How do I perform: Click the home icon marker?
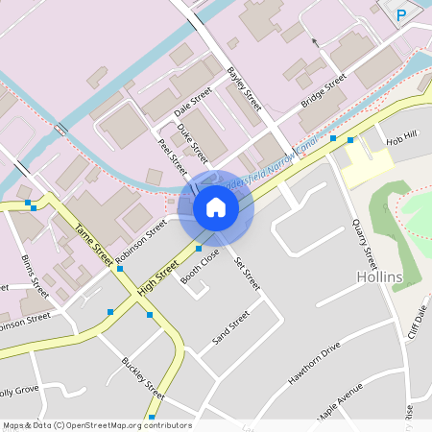point(216,207)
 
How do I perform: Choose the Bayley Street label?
point(244,89)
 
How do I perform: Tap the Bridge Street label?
point(324,90)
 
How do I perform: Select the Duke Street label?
point(192,142)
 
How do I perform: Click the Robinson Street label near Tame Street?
point(141,241)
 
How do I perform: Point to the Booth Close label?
point(200,267)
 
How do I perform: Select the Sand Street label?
point(230,327)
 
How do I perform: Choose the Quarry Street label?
point(365,244)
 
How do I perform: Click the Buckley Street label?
point(143,378)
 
